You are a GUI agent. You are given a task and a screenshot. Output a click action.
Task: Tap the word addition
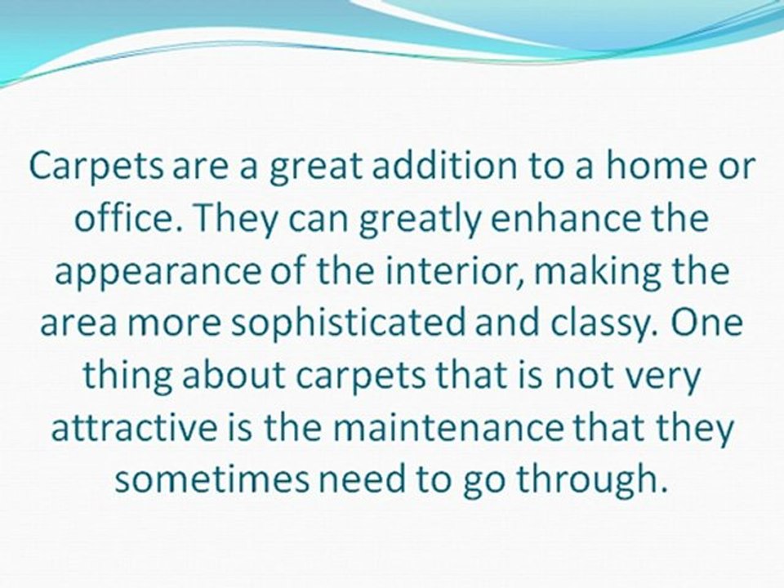(426, 168)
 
